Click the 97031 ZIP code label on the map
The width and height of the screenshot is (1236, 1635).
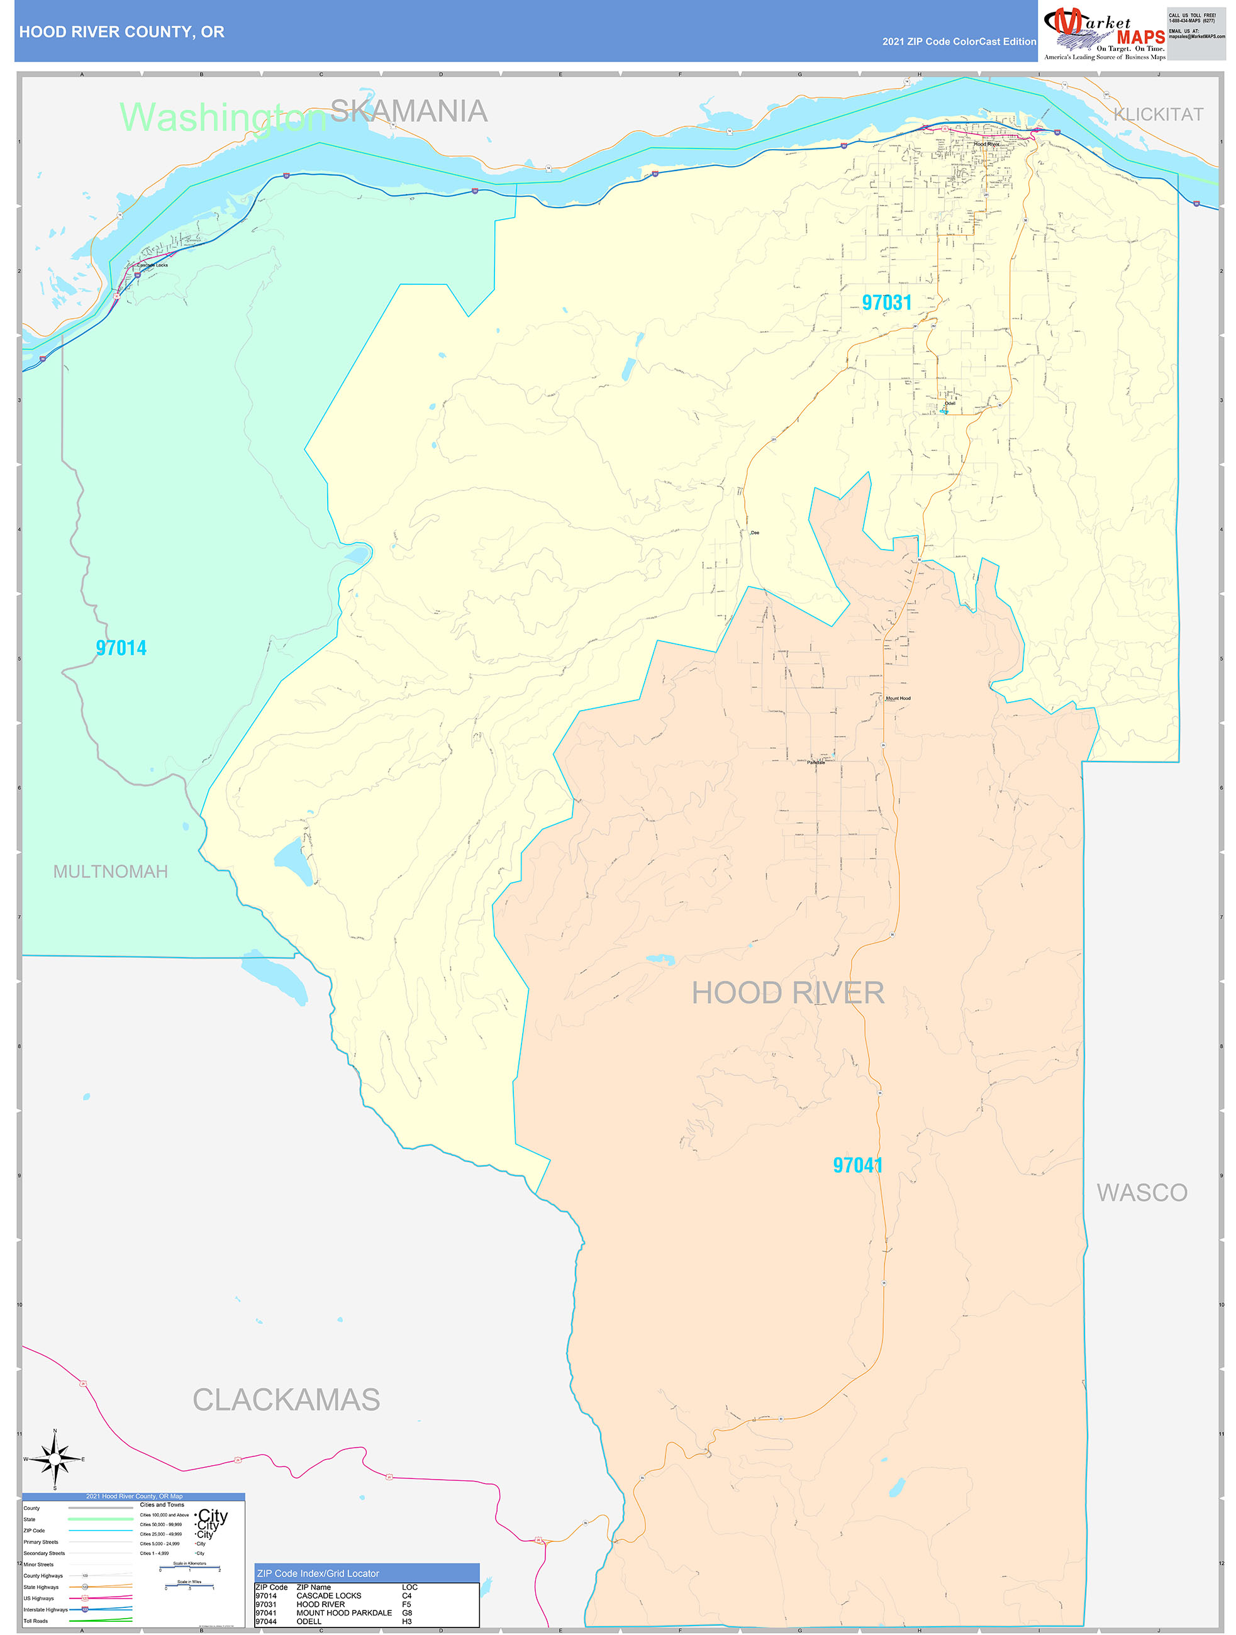click(886, 302)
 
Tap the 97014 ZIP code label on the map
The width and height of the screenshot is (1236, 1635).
click(121, 648)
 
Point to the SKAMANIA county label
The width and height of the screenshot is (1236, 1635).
click(408, 111)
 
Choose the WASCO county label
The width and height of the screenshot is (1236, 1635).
click(1142, 1192)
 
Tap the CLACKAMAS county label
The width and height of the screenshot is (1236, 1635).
click(286, 1400)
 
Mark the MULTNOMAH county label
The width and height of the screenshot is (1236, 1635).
click(110, 872)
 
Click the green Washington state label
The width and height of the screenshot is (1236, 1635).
click(223, 117)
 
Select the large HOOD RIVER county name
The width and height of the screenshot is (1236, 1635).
click(788, 993)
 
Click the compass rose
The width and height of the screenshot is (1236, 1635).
click(55, 1460)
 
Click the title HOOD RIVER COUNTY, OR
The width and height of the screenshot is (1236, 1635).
click(122, 32)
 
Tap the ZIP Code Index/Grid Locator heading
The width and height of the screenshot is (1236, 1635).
click(318, 1573)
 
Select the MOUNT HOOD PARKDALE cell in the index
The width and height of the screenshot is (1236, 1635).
click(343, 1612)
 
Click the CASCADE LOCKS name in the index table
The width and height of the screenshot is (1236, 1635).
click(328, 1595)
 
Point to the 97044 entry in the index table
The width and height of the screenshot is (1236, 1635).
click(265, 1621)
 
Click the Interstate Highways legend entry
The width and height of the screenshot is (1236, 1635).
click(46, 1609)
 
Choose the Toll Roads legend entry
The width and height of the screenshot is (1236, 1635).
click(35, 1620)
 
